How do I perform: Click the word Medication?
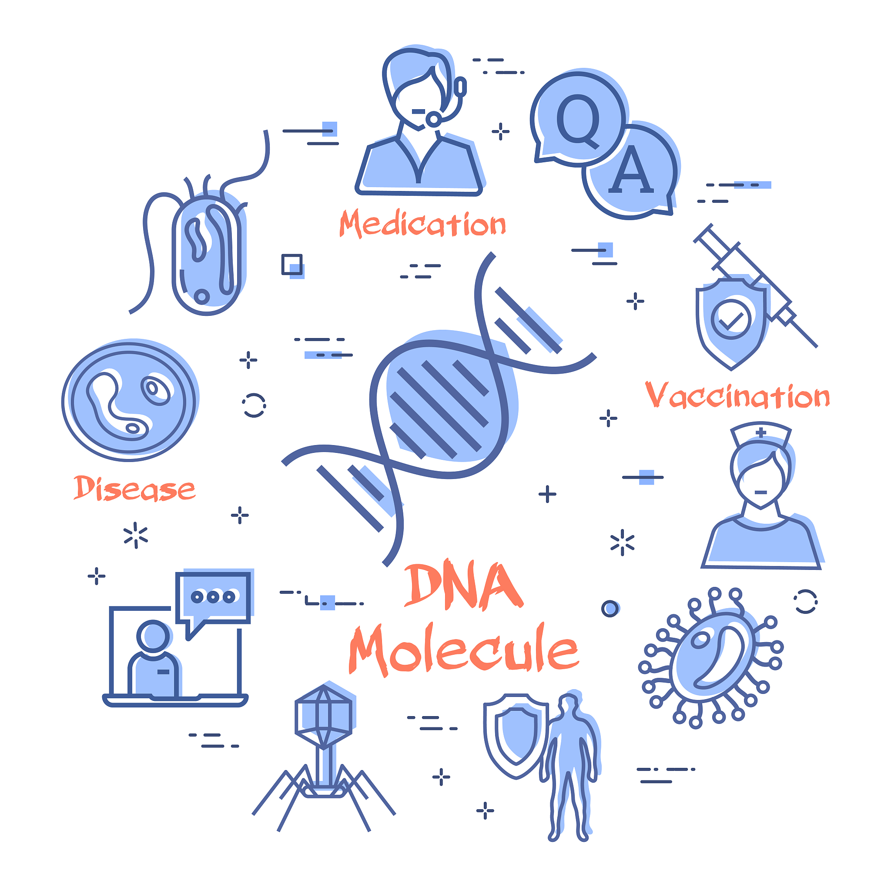point(422,224)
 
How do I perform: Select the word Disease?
point(134,489)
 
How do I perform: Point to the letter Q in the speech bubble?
point(578,121)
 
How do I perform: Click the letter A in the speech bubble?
point(631,169)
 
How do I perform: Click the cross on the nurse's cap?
point(761,432)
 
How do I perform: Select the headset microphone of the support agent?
point(433,120)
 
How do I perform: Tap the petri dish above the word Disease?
point(129,401)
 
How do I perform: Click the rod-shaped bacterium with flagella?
point(206,255)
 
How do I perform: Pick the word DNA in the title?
point(463,586)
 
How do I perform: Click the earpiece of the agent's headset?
point(460,87)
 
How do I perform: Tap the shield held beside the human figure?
point(516,736)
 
